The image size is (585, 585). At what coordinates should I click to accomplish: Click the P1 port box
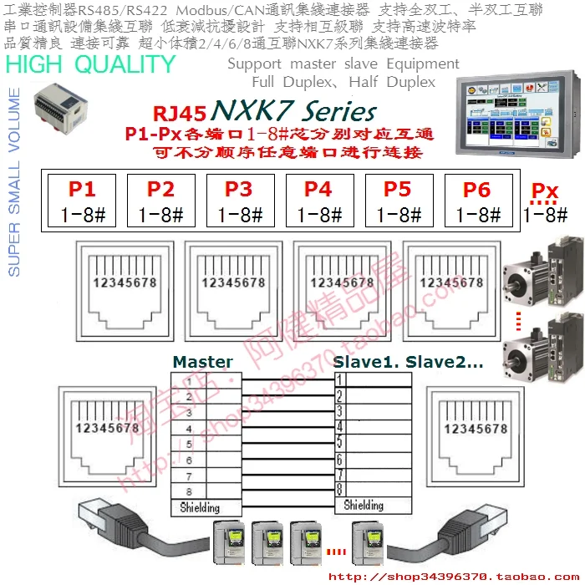tap(82, 201)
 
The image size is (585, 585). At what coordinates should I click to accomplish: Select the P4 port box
tap(319, 201)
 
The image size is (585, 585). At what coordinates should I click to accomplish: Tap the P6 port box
tap(477, 201)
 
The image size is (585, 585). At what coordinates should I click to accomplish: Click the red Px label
tap(544, 191)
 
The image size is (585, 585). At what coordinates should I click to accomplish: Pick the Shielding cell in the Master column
tap(201, 507)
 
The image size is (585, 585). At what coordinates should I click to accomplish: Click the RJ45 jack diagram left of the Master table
tap(104, 435)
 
